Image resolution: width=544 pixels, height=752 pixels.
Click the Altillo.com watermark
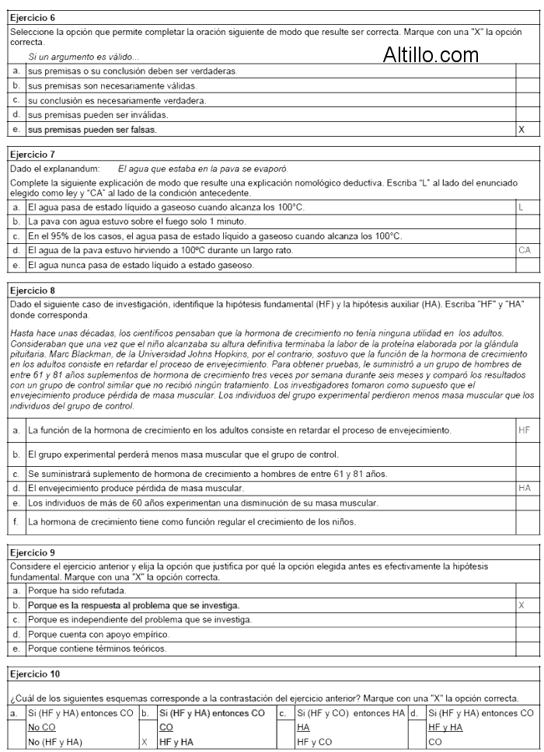pos(431,54)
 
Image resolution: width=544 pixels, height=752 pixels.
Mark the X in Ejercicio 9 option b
pos(521,604)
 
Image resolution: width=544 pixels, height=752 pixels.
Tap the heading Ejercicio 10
pos(33,674)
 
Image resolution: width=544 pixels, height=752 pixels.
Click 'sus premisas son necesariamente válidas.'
pos(112,85)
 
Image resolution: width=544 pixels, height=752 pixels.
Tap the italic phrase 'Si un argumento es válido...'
pos(84,57)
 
